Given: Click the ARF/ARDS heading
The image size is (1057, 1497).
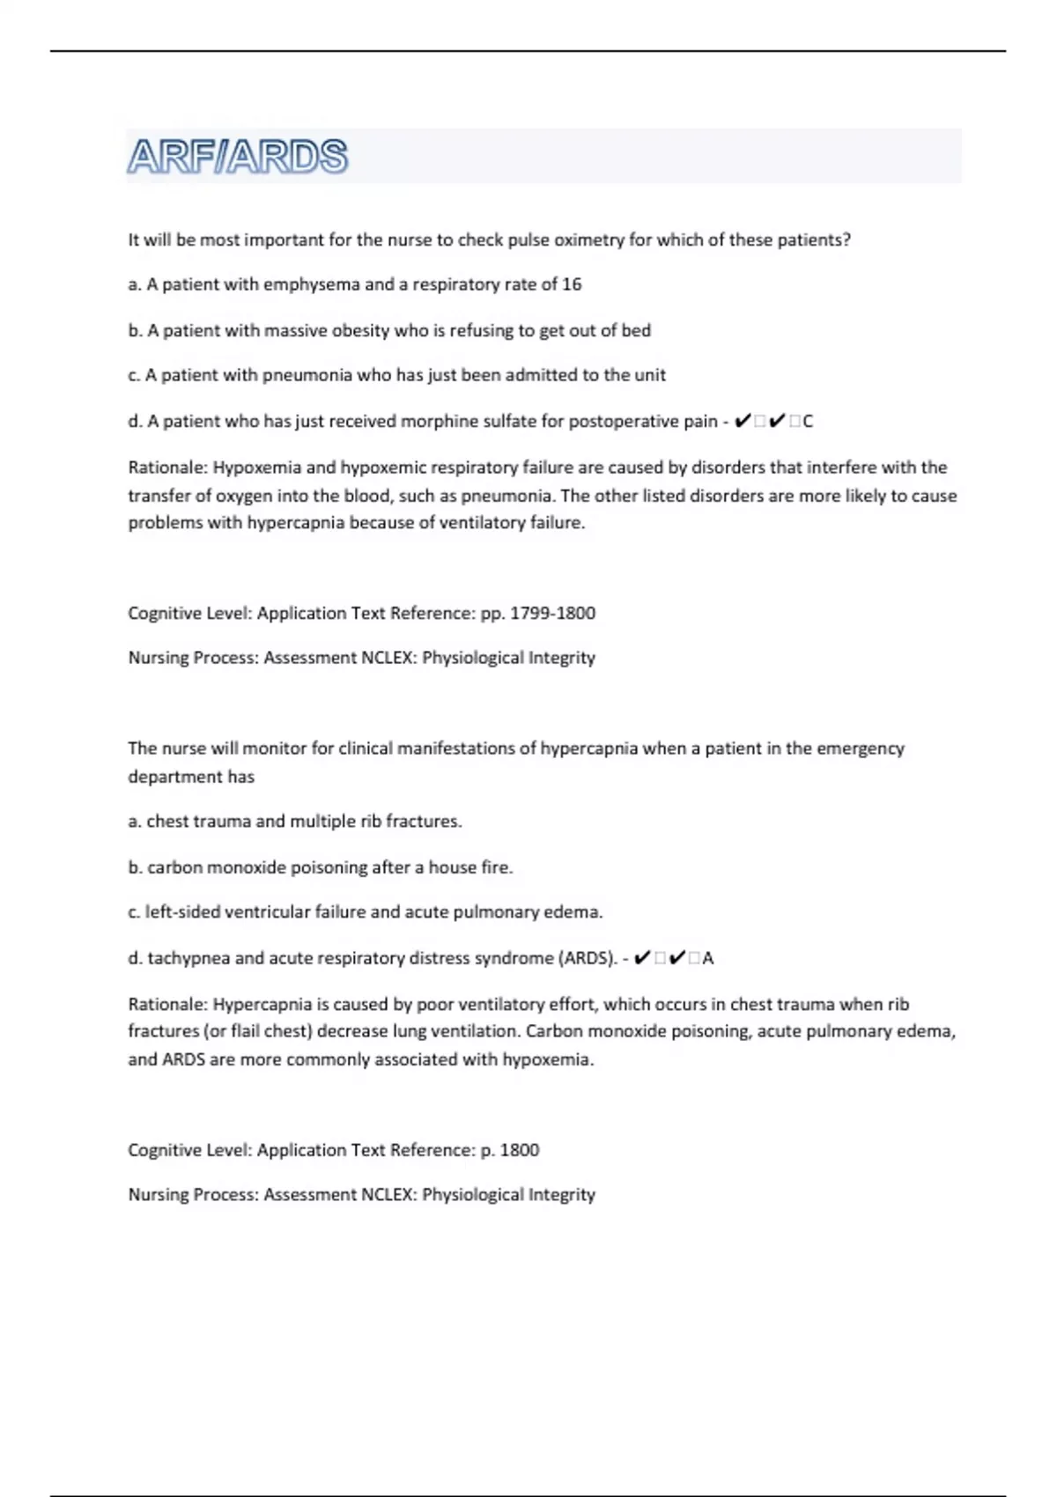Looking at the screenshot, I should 238,157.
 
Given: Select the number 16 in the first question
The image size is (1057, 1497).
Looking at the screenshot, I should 572,284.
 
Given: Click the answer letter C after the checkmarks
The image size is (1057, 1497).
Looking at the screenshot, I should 808,422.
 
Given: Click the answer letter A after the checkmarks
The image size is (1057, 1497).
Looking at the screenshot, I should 708,958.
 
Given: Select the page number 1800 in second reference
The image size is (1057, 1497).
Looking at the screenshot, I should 520,1150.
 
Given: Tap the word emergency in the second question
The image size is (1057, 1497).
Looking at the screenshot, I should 861,748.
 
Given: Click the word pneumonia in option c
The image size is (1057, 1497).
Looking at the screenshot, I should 307,375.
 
